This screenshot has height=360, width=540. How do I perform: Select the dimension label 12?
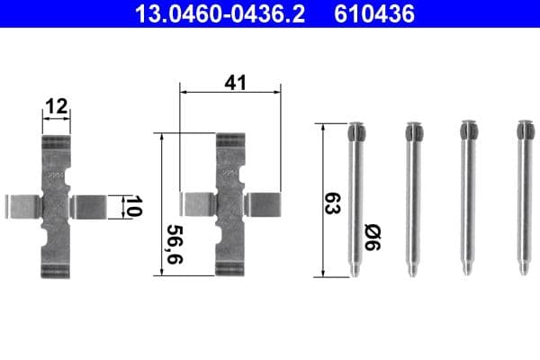(57, 107)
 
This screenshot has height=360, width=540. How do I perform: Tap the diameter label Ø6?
(372, 237)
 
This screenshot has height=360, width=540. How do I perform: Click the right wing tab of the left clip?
(89, 206)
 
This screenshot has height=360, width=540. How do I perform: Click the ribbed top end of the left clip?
(57, 144)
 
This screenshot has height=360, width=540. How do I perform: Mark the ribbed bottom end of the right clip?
(230, 267)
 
